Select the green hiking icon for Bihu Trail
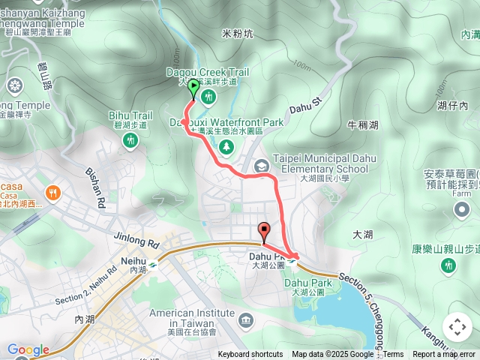click(x=131, y=139)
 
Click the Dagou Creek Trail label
click(x=207, y=72)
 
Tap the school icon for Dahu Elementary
click(x=261, y=166)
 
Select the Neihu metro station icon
click(x=153, y=263)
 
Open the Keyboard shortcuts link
click(x=250, y=355)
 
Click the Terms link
click(x=394, y=355)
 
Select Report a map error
click(x=444, y=355)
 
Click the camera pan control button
click(x=457, y=327)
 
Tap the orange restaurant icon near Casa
click(x=52, y=193)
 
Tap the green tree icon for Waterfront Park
click(x=226, y=146)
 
